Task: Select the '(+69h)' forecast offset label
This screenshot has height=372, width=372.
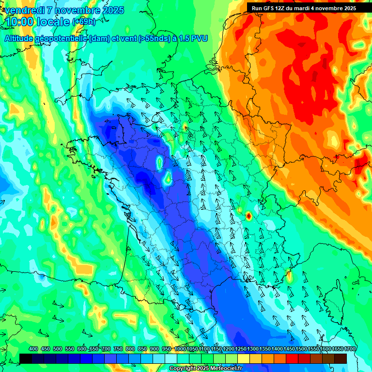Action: (x=84, y=22)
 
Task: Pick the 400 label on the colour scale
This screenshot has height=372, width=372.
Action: (x=33, y=349)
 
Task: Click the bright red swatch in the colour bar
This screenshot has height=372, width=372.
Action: (x=292, y=358)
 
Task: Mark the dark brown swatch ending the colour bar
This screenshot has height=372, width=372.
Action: (x=341, y=358)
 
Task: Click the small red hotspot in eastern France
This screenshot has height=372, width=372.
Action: (x=248, y=216)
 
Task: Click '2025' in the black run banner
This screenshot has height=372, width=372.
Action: (x=349, y=8)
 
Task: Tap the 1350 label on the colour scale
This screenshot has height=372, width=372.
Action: (x=265, y=349)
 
